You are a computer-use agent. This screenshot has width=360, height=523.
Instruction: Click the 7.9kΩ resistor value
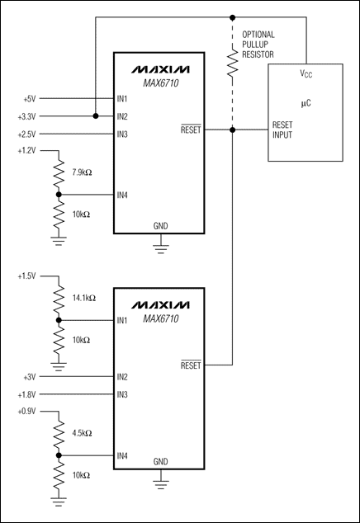click(x=83, y=172)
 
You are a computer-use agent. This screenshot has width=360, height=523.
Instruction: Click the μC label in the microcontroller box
click(x=305, y=106)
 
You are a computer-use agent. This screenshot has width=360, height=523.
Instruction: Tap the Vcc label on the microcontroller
click(x=305, y=73)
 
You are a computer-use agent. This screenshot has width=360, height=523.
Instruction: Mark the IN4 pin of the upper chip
click(x=123, y=196)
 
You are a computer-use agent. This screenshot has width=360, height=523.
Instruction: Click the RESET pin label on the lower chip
click(x=190, y=365)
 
